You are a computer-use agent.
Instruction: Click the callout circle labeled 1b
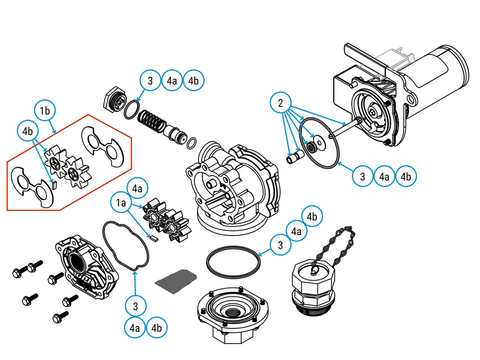click(45, 111)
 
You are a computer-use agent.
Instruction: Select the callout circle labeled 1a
click(121, 203)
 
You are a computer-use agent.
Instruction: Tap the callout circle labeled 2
click(280, 103)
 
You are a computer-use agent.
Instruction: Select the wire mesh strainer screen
click(176, 282)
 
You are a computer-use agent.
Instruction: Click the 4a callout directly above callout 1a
click(137, 188)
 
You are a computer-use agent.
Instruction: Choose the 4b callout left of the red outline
click(27, 131)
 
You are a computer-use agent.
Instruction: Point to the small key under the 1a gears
click(154, 238)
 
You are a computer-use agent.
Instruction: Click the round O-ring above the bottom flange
click(233, 262)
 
